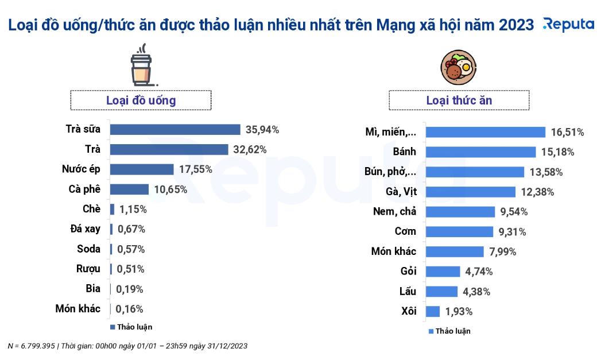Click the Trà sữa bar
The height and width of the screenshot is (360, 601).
point(175,129)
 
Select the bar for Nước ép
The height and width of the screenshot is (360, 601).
point(142,169)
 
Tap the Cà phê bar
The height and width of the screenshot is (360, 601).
point(129,189)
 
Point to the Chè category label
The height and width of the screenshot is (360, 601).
point(91,209)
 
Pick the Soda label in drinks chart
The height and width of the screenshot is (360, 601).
point(88,249)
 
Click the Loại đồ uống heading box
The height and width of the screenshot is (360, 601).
point(141,100)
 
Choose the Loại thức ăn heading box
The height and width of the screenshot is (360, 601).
point(459,100)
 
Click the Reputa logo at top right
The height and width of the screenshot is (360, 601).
point(568,24)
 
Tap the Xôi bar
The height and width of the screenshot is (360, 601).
point(433,311)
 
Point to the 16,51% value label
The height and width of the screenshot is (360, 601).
point(567,132)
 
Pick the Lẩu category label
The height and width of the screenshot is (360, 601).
point(408,291)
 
